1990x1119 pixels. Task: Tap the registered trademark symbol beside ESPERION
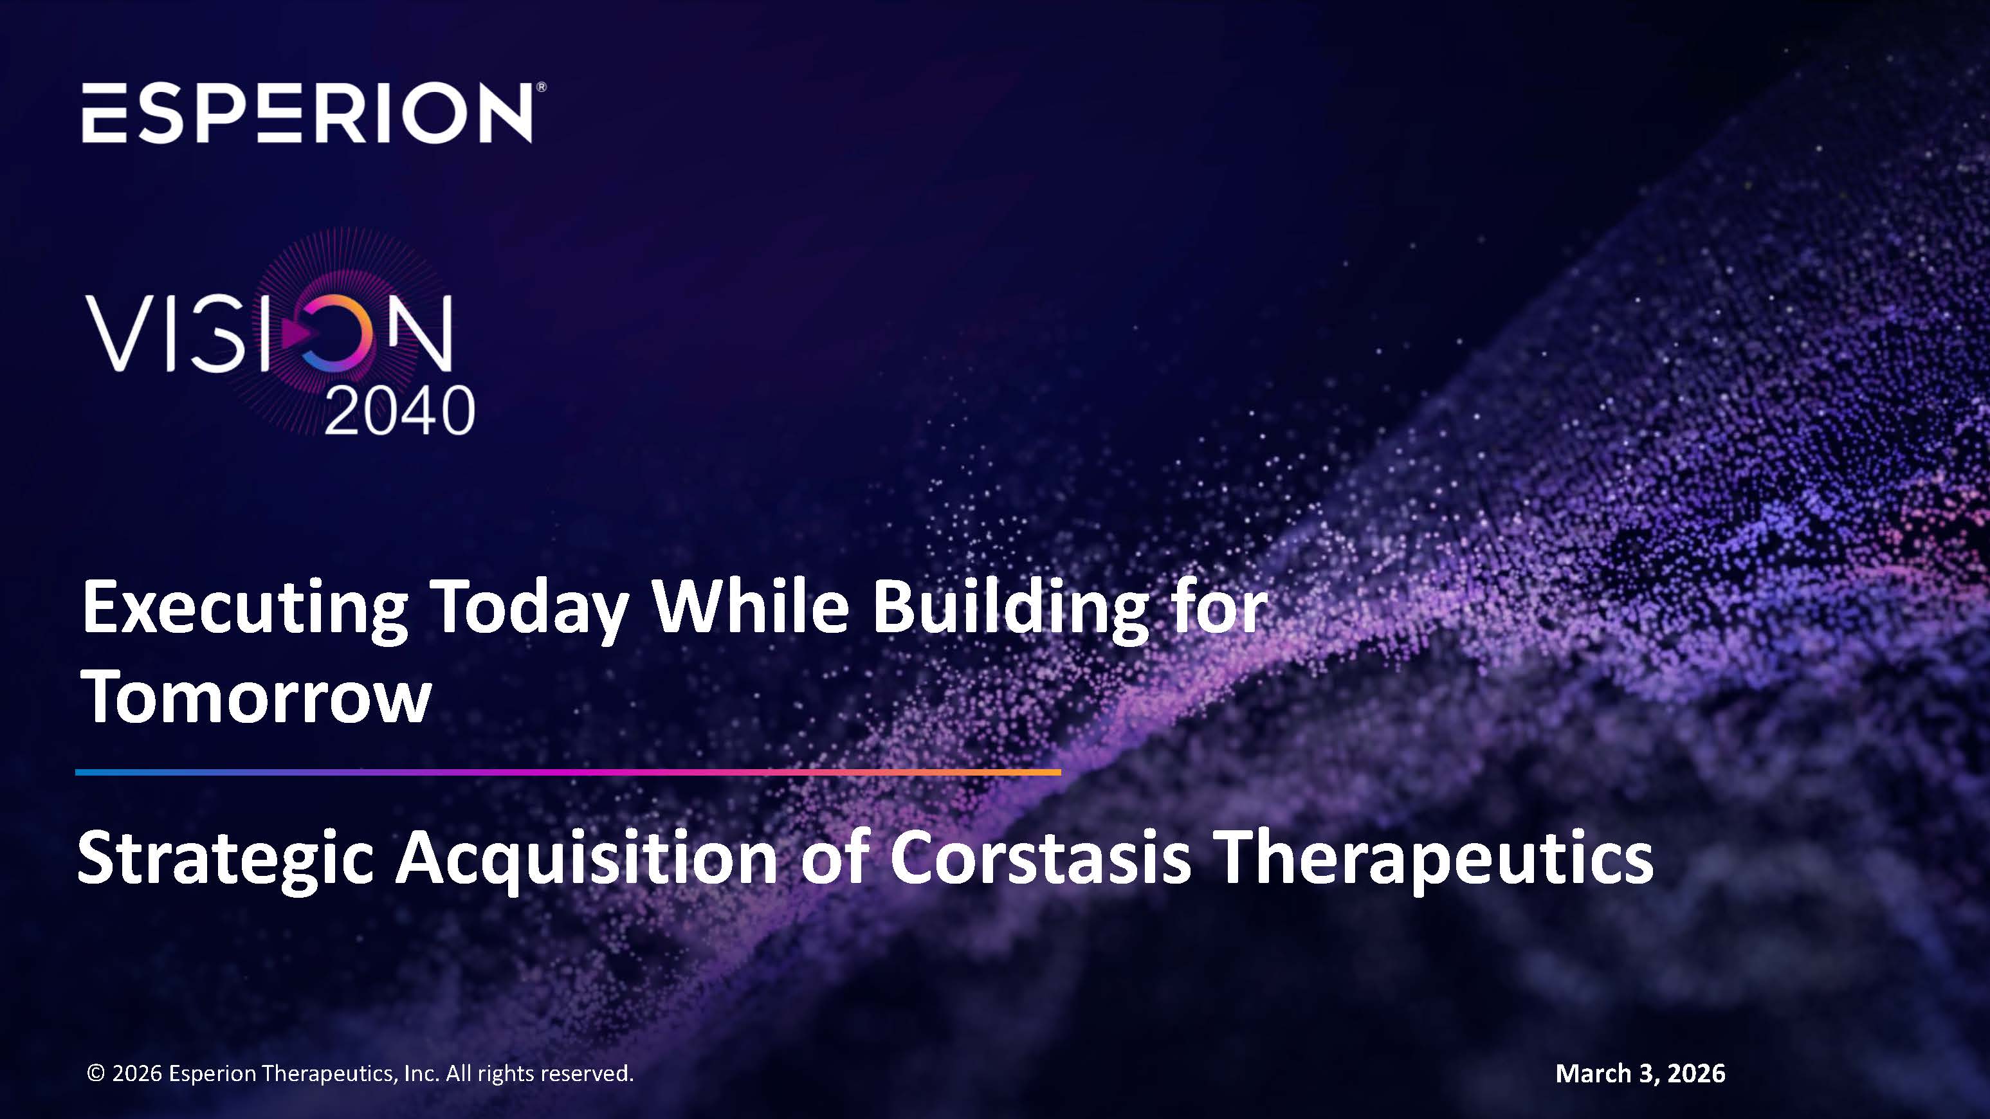(542, 87)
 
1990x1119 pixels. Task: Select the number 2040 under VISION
(399, 411)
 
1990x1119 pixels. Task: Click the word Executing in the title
(244, 609)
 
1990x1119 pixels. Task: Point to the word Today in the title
(529, 609)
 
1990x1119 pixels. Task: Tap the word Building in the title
(1010, 609)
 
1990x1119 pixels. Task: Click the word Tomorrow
(256, 696)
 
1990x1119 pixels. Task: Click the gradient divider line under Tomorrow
(568, 772)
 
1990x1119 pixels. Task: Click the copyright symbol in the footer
(96, 1073)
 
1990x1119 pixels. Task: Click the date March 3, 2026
(1639, 1073)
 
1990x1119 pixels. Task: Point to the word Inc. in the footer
(421, 1073)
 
